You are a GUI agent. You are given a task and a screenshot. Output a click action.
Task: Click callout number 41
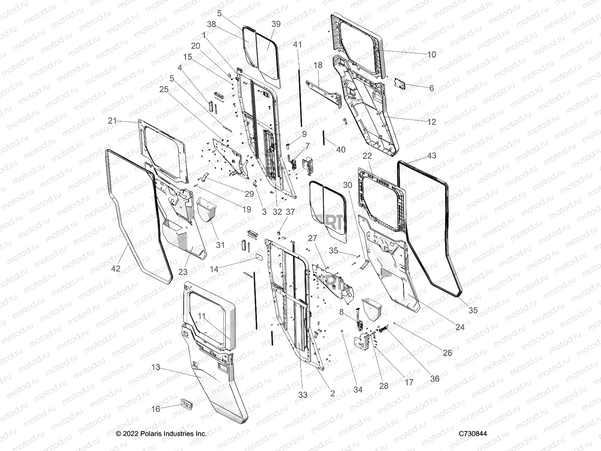297,45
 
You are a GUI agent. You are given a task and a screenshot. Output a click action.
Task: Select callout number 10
432,54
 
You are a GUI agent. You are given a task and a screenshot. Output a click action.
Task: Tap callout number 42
116,268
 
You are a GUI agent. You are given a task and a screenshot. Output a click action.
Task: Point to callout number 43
432,155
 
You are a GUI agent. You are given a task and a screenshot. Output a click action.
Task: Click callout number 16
156,409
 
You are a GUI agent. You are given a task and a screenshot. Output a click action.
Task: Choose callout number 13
156,367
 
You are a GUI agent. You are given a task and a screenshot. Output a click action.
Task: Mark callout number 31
220,245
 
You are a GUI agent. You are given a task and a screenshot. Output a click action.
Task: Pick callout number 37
290,212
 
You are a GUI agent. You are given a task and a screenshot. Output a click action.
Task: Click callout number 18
318,65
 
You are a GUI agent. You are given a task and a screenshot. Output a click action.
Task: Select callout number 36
434,378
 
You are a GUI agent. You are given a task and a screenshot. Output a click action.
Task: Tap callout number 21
112,121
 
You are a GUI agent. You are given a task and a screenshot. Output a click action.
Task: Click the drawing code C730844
473,434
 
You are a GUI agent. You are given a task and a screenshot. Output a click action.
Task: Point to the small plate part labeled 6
399,84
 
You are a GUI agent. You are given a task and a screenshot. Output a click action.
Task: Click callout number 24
460,327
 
